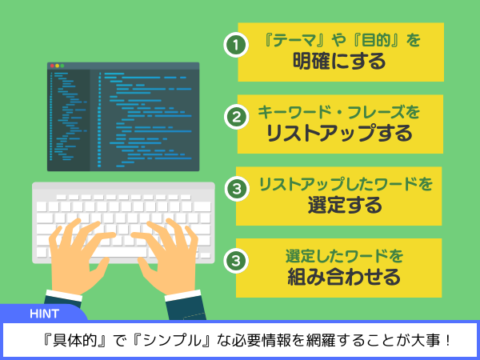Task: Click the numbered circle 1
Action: [x=236, y=45]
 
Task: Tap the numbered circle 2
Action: [x=236, y=117]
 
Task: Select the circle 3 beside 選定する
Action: [x=237, y=189]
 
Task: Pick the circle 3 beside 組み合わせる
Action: [x=236, y=261]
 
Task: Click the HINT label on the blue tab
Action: [x=44, y=314]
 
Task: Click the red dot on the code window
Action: [x=52, y=66]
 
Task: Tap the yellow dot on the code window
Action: [x=58, y=66]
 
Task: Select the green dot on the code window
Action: [x=62, y=66]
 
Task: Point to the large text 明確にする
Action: [x=339, y=62]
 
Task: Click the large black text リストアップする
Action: [x=339, y=133]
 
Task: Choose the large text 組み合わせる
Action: [x=344, y=277]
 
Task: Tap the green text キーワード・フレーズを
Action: [x=338, y=112]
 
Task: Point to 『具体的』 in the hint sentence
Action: [x=75, y=341]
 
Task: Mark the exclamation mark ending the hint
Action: [x=447, y=341]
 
